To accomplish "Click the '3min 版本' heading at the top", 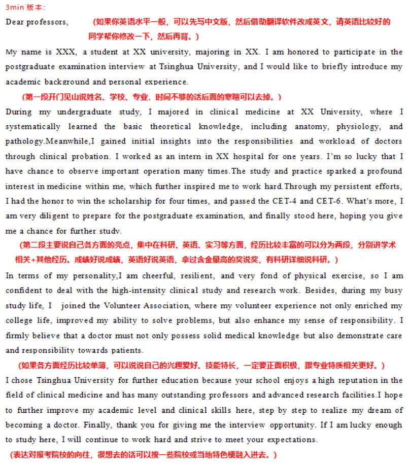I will pos(25,7).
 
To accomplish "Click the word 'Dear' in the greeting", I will pos(15,22).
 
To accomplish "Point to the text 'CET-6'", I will pos(322,201).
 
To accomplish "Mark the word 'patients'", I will pos(126,350).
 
